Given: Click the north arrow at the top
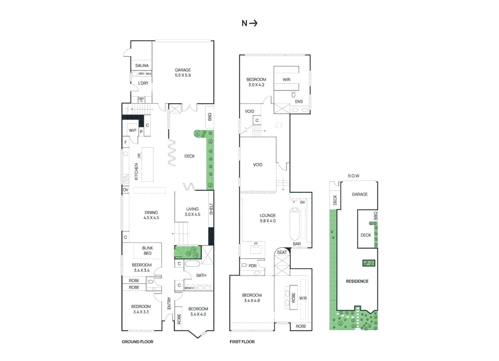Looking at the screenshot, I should [254, 23].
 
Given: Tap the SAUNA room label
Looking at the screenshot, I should [142, 66].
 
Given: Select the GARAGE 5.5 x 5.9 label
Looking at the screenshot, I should [183, 73].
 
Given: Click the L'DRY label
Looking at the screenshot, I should [143, 83].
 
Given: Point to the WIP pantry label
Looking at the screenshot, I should [133, 130].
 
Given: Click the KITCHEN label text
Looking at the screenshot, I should [136, 171].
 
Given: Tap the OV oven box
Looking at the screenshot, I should [126, 190].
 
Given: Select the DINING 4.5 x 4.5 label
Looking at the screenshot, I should [151, 215].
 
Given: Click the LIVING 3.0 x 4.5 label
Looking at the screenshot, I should [192, 212].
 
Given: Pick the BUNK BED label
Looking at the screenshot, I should [147, 251].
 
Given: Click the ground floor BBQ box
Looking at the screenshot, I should [210, 117].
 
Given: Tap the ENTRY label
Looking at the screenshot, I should [169, 303].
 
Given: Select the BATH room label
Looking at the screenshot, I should [201, 275].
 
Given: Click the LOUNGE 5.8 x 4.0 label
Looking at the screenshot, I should [268, 218].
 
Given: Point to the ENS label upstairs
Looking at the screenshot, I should [299, 102].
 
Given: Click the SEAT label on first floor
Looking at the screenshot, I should [282, 252].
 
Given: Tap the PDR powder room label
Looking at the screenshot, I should [253, 266].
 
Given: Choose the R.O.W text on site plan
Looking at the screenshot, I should [353, 176].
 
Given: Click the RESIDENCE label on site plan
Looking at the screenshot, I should [357, 281].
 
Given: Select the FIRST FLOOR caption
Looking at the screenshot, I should [242, 342].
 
